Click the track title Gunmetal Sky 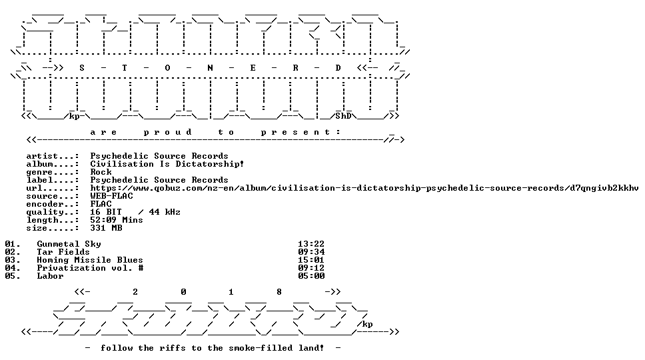click(69, 244)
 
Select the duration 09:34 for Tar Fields click(311, 252)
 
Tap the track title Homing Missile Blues click(90, 260)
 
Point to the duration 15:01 click(311, 260)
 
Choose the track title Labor click(50, 276)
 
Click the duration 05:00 click(311, 276)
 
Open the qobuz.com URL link click(364, 188)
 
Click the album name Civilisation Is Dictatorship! click(167, 164)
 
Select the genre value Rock click(101, 172)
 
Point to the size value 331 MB click(106, 228)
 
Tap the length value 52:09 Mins click(117, 220)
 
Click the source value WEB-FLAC click(111, 196)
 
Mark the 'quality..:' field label click(52, 212)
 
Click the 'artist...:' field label click(52, 156)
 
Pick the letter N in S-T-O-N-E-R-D click(210, 68)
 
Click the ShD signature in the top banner click(343, 116)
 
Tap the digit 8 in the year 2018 click(279, 292)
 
